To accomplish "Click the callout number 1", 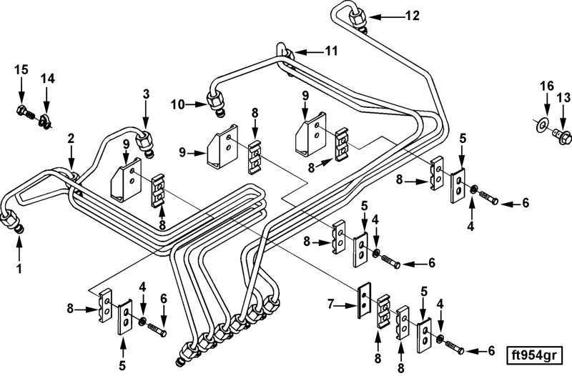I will click(x=19, y=269).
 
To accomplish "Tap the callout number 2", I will click(x=71, y=137).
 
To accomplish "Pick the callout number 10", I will click(x=177, y=104).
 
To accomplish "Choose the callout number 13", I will click(x=564, y=97).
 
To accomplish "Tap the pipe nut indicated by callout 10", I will click(x=214, y=104).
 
